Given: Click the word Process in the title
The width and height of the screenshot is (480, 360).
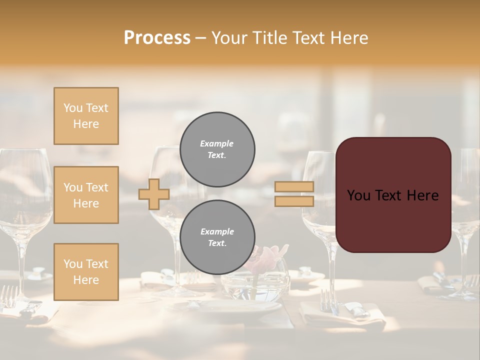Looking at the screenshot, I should [x=157, y=37].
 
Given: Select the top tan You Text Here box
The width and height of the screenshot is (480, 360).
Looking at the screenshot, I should [x=86, y=116].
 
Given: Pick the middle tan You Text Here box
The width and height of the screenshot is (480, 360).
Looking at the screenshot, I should [x=86, y=195].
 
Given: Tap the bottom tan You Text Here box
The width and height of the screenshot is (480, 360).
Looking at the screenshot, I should [x=86, y=272].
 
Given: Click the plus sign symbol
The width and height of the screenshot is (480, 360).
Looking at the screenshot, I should [x=154, y=194].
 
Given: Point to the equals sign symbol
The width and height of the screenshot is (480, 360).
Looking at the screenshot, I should [x=294, y=194].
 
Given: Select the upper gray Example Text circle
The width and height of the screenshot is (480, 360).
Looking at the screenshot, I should [x=217, y=149].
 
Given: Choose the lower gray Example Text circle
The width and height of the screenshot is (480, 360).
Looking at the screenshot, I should [x=217, y=237].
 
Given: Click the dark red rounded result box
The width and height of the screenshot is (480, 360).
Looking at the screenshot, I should [x=393, y=195].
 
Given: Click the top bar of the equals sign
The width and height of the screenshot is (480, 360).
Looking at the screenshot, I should [x=294, y=186].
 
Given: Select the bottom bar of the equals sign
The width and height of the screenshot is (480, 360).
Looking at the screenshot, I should [x=294, y=201].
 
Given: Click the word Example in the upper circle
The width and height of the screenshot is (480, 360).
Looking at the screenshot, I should [x=217, y=143].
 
